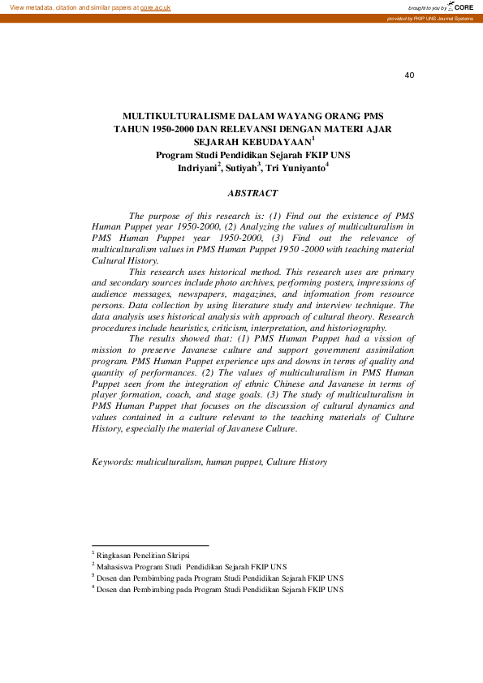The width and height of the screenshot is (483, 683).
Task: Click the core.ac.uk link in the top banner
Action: pyautogui.click(x=157, y=6)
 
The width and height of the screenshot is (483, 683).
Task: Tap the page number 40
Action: pyautogui.click(x=409, y=75)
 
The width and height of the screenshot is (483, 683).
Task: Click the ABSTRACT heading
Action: pyautogui.click(x=252, y=194)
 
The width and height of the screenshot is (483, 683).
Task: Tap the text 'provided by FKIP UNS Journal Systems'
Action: pyautogui.click(x=430, y=18)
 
